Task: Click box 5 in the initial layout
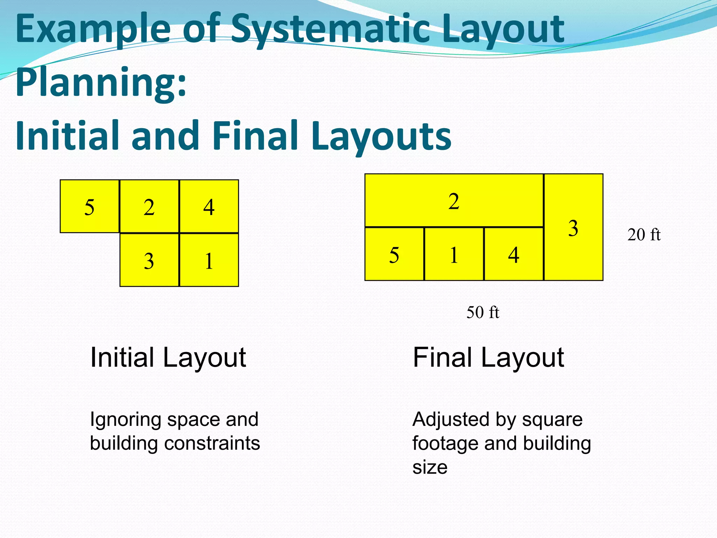point(90,206)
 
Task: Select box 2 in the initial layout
point(149,206)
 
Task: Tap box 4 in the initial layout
point(209,206)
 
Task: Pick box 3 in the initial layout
point(149,260)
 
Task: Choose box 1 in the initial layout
point(209,260)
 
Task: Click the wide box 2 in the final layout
point(454,201)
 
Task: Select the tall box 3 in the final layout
point(573,227)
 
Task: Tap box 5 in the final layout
point(394,254)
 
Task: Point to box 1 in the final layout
point(454,254)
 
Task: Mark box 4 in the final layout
point(514,254)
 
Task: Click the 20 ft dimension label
point(644,235)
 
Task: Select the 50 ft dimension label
point(483,312)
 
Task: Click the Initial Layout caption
point(168,358)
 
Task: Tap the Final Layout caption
point(488,358)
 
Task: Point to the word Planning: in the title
point(101,82)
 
